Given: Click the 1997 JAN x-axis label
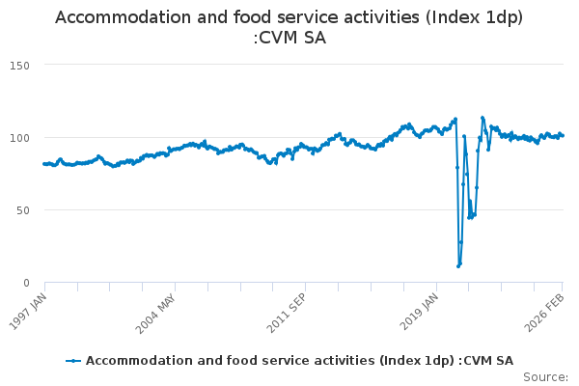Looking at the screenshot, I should tap(29, 310).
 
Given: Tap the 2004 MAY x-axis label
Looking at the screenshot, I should tap(157, 310).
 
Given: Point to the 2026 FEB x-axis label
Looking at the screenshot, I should tap(548, 310).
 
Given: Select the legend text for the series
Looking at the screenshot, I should tap(299, 361).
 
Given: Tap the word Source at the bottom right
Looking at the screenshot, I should tap(545, 376).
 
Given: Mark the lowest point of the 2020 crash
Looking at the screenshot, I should tap(458, 265).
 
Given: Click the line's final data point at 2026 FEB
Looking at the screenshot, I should tap(563, 135).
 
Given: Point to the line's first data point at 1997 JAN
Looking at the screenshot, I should tap(44, 164).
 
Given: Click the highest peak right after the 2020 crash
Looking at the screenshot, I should tap(482, 118).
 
